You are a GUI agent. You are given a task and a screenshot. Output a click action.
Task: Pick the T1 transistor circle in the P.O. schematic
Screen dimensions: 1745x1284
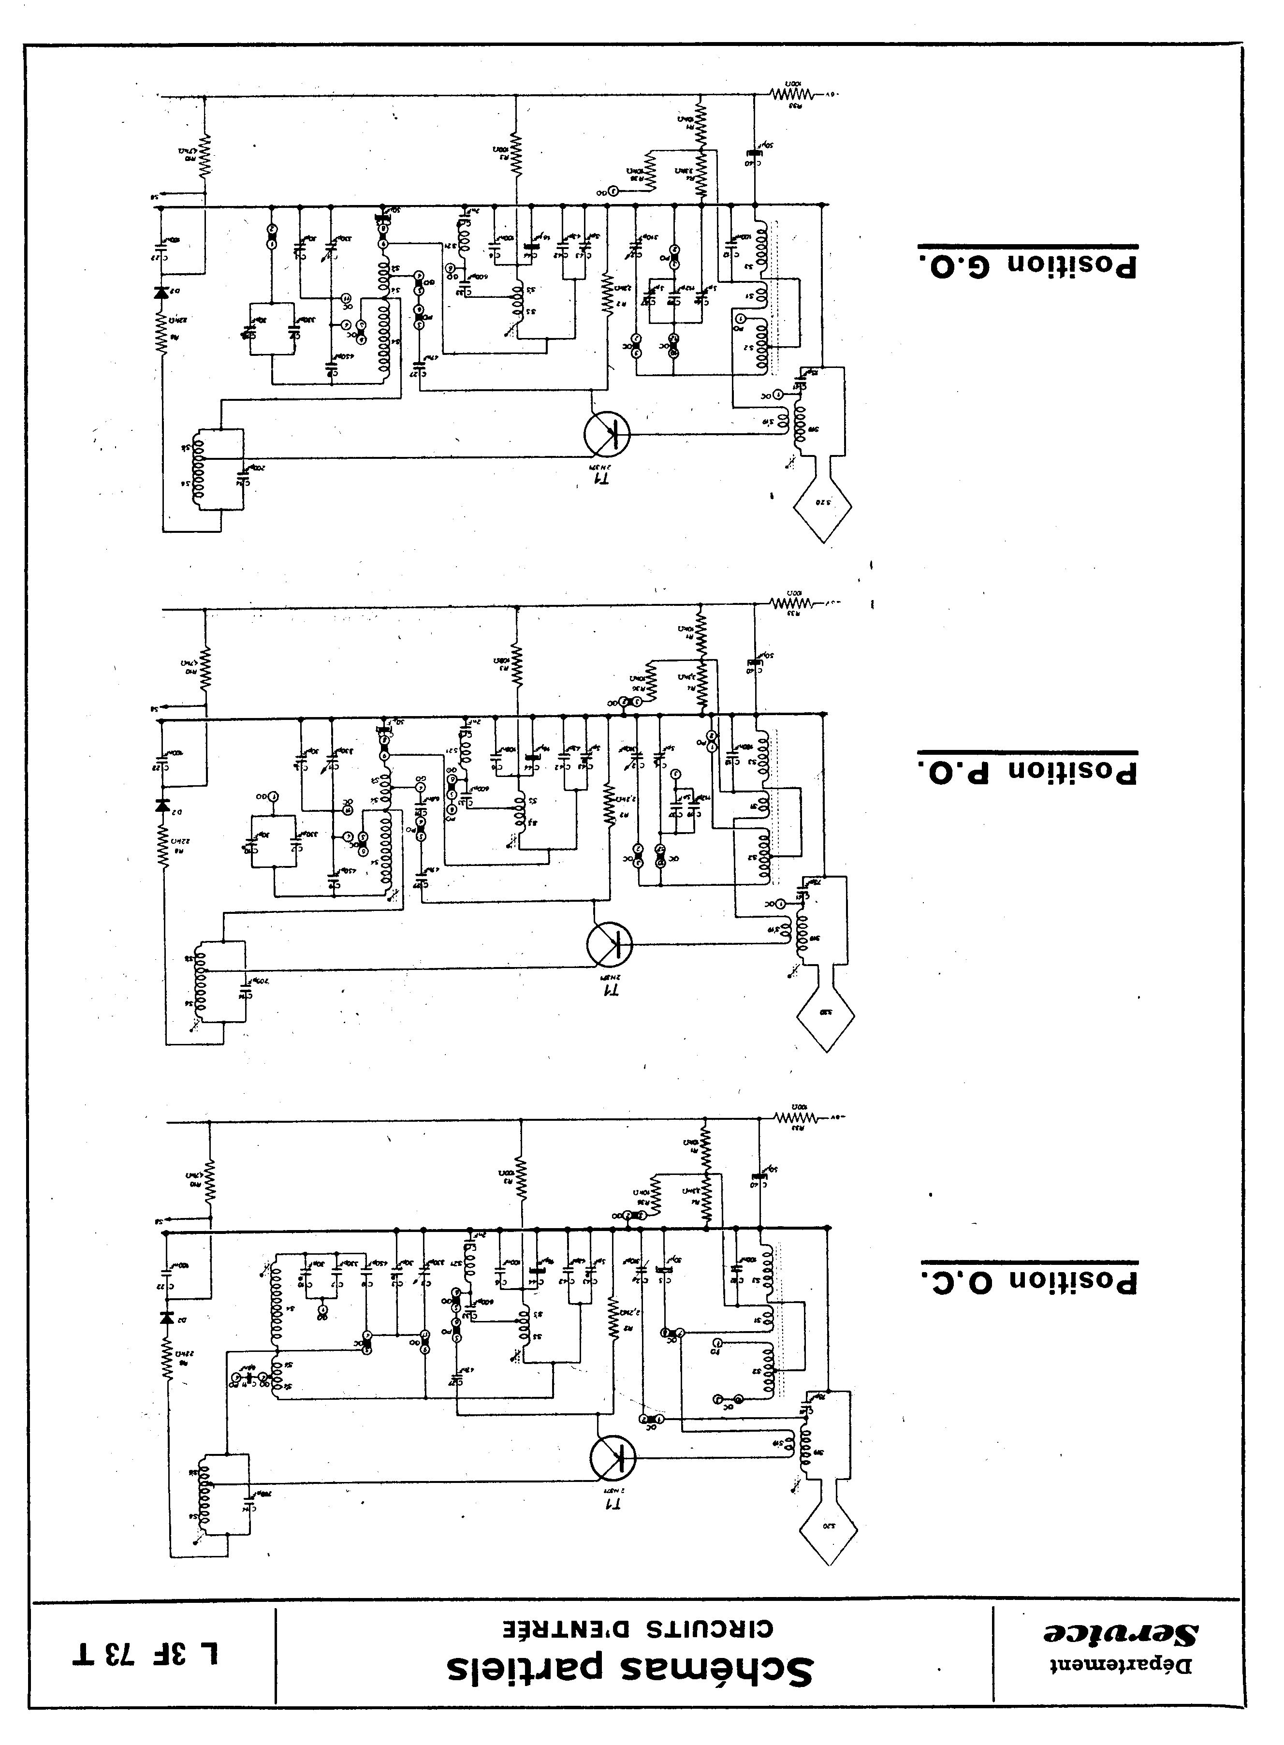pos(609,944)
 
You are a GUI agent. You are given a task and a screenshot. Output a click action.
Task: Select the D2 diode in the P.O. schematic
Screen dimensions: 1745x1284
pos(162,805)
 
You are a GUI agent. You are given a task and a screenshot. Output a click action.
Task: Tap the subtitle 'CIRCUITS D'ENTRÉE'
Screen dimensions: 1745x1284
pos(633,1628)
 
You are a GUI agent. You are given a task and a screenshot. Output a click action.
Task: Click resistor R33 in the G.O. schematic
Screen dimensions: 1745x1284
pos(791,94)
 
